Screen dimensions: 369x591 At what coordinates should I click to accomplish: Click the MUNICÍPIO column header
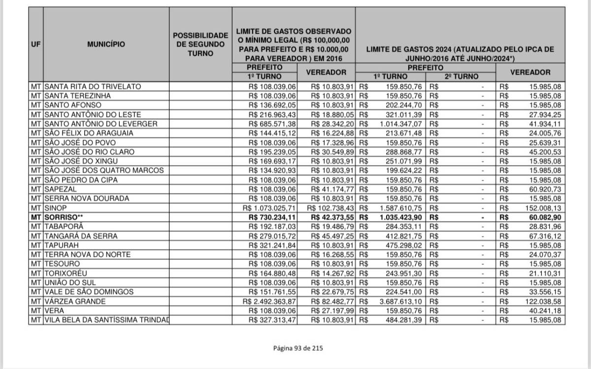click(x=106, y=44)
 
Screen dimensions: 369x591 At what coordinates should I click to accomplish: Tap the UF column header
click(x=35, y=44)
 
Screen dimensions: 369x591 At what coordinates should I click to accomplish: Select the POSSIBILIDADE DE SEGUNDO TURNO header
click(x=200, y=44)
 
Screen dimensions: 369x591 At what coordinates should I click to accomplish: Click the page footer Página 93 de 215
click(x=298, y=348)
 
